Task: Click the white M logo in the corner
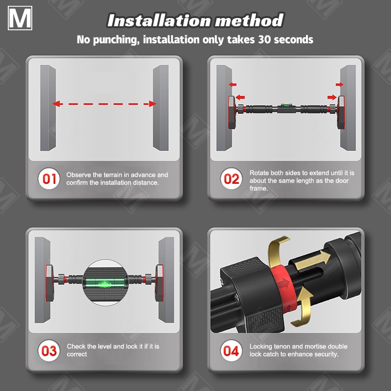click(20, 18)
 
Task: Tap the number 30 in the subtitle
click(265, 40)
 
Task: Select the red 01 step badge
click(49, 178)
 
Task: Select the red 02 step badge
click(231, 178)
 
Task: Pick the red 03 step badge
click(49, 350)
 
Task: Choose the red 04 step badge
click(231, 350)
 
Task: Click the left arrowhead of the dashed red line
click(56, 104)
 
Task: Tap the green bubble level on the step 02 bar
click(284, 105)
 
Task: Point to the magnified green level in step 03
click(105, 283)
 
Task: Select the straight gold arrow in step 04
click(312, 261)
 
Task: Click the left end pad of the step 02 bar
click(232, 112)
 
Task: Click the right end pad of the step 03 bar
click(159, 283)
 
